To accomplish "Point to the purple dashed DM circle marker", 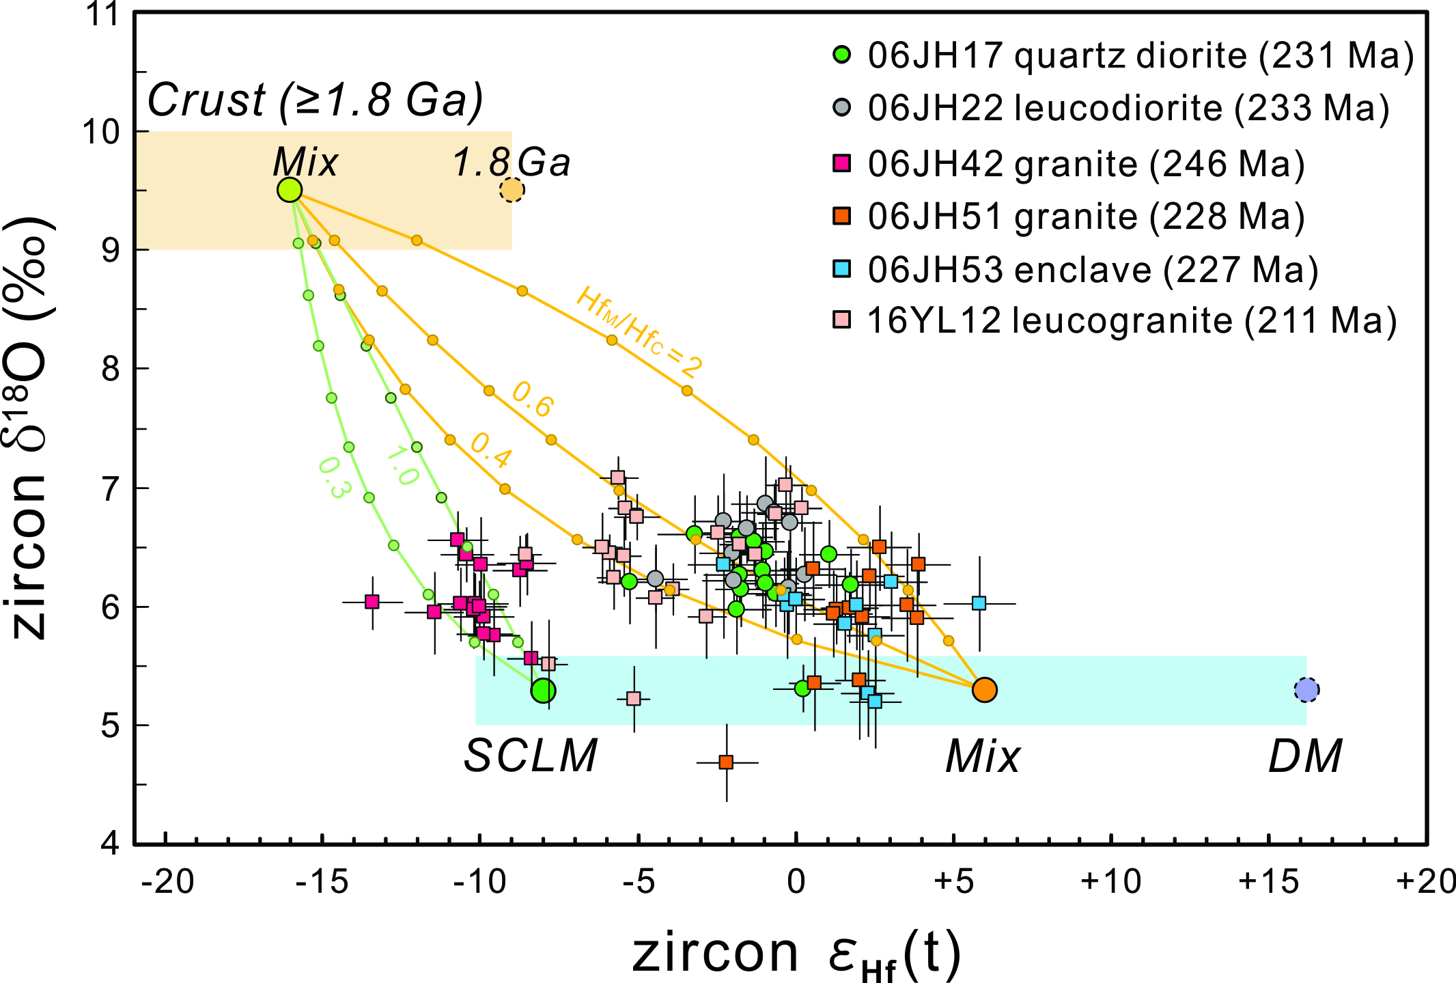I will (x=1306, y=690).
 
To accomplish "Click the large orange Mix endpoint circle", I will (x=984, y=690).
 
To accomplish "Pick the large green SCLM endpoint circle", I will (x=543, y=691).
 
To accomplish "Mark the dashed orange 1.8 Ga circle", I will (x=512, y=190).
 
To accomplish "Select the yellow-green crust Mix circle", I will (x=290, y=190).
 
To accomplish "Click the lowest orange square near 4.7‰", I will (x=726, y=762).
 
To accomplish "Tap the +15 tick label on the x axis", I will (x=1268, y=882).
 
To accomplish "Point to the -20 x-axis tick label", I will (x=167, y=882).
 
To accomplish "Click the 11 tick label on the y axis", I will (x=102, y=14).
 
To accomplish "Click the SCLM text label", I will (x=531, y=757).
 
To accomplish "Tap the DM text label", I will (x=1305, y=757).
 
